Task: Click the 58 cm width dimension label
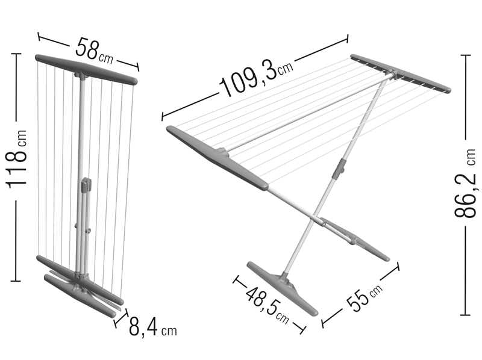click(x=95, y=51)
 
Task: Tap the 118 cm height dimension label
click(x=17, y=159)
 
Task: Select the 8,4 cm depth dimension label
click(x=153, y=327)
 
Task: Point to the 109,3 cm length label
click(x=257, y=76)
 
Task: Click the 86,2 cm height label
click(x=466, y=183)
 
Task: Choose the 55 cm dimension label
click(x=365, y=297)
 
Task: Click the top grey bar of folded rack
click(x=86, y=69)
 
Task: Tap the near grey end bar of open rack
click(x=217, y=157)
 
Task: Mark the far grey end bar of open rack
click(x=401, y=73)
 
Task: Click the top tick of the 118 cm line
click(x=16, y=54)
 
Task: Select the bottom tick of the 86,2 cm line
click(x=465, y=315)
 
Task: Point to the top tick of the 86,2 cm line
click(x=465, y=55)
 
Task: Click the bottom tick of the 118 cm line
click(x=16, y=281)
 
